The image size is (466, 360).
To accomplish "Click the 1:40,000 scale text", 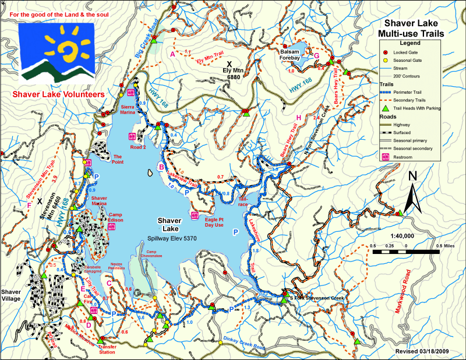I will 402,236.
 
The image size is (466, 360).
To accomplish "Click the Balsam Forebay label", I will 291,54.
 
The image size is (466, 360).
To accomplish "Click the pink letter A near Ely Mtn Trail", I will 172,54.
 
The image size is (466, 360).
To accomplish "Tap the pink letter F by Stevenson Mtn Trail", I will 29,204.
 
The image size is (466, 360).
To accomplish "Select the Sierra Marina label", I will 129,111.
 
